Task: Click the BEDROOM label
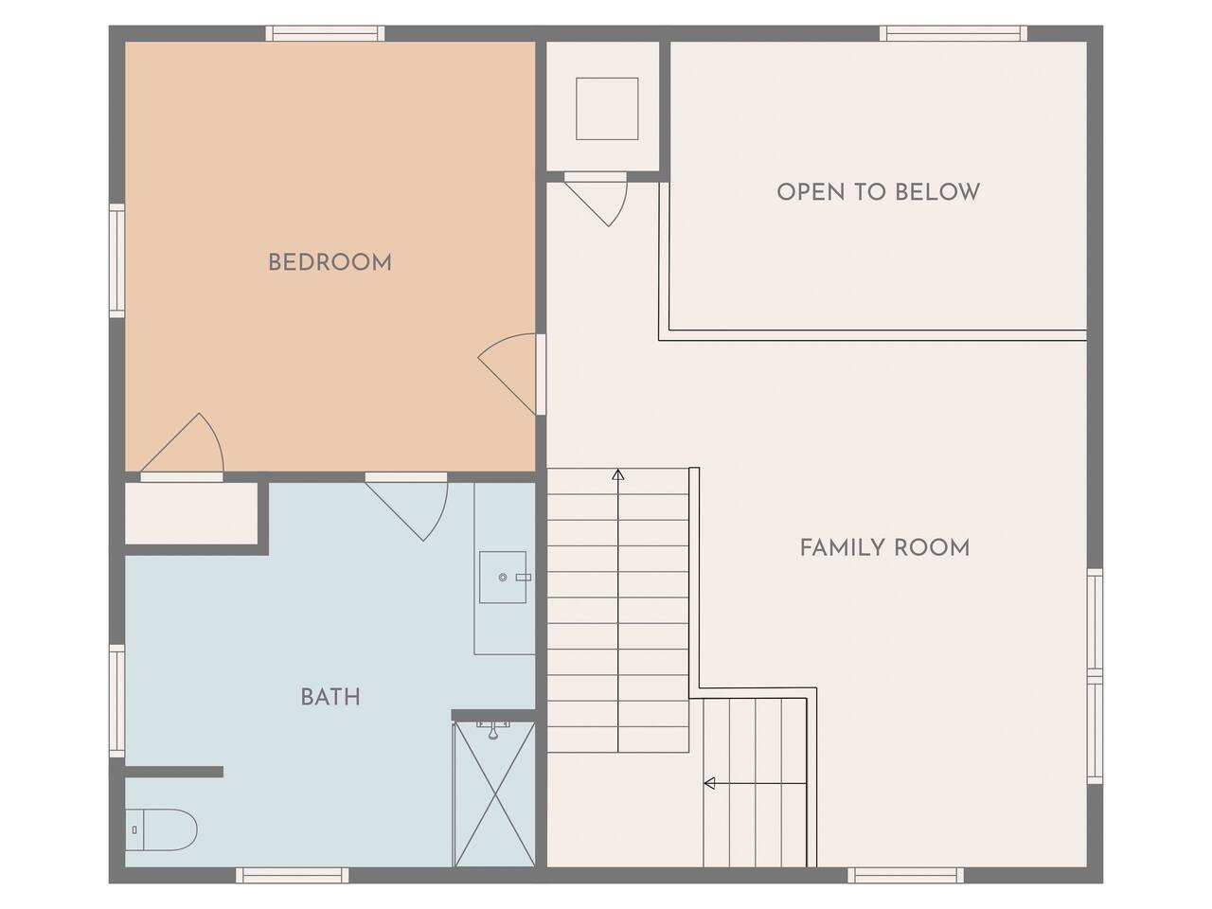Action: pyautogui.click(x=330, y=262)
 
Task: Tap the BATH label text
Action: pyautogui.click(x=330, y=697)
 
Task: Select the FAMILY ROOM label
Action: pyautogui.click(x=884, y=548)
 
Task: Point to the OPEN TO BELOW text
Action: pyautogui.click(x=878, y=192)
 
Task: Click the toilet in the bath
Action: pyautogui.click(x=161, y=829)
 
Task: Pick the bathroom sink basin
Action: pyautogui.click(x=503, y=577)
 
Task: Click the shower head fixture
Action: pyautogui.click(x=493, y=729)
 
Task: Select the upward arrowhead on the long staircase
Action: pyautogui.click(x=618, y=474)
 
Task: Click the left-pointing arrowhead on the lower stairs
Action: pyautogui.click(x=709, y=783)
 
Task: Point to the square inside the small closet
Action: pyautogui.click(x=607, y=109)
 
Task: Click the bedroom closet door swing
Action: pyautogui.click(x=183, y=448)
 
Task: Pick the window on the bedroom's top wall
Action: pyautogui.click(x=325, y=33)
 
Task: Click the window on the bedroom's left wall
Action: pyautogui.click(x=117, y=260)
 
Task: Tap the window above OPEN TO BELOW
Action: pyautogui.click(x=954, y=33)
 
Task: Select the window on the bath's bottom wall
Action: pyautogui.click(x=293, y=875)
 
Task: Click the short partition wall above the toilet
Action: pyautogui.click(x=174, y=772)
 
